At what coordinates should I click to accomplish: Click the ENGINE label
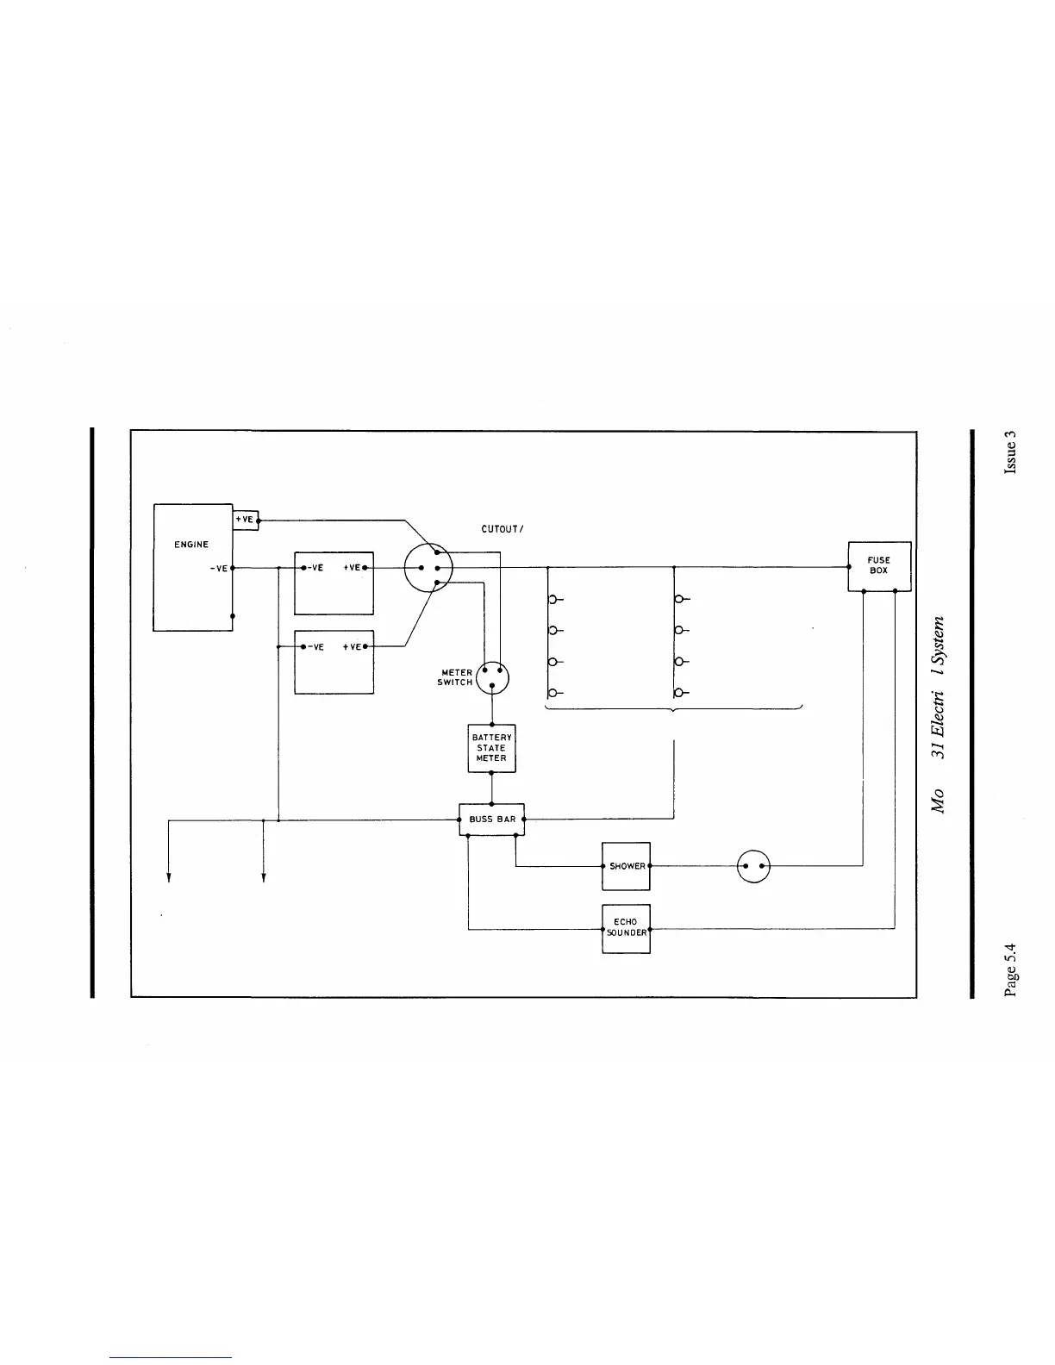[191, 545]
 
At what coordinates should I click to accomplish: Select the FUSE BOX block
[878, 566]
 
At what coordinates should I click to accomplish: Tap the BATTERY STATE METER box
[491, 748]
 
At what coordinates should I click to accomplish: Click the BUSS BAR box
[491, 820]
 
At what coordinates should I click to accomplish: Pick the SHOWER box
[626, 866]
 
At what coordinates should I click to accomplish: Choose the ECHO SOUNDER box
[626, 928]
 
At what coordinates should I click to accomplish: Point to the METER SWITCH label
[456, 677]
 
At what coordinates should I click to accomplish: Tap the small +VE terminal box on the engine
[246, 520]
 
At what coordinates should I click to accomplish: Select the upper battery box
[334, 583]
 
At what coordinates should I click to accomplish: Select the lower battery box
[334, 662]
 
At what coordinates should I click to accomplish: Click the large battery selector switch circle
[428, 568]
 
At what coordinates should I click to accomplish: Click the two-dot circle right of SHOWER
[754, 866]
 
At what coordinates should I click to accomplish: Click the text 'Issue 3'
[1010, 452]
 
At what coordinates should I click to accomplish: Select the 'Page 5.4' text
[1010, 970]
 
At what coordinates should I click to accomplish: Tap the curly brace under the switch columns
[673, 708]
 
